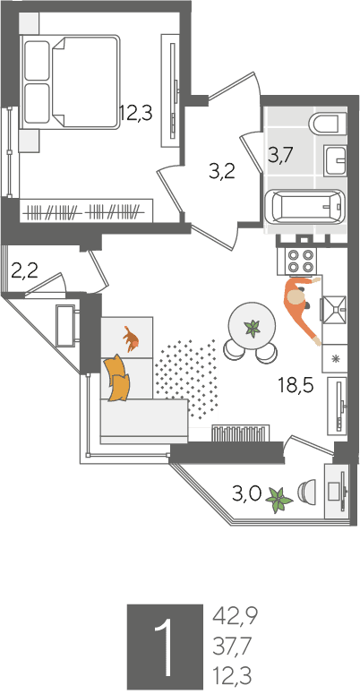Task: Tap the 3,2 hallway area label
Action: pos(222,170)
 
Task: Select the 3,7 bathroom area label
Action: pos(281,156)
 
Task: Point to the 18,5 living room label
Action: pos(296,385)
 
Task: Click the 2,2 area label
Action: pos(24,270)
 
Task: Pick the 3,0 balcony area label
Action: pos(246,493)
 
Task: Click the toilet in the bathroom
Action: pos(327,123)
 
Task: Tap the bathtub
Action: pos(305,207)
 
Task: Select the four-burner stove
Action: pos(296,261)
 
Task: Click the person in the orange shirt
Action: pos(302,308)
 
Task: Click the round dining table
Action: pos(252,326)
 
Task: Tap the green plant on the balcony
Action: pos(279,501)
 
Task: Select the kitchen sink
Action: pos(334,309)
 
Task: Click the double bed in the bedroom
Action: pos(71,82)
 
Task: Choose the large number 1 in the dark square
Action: pos(165,647)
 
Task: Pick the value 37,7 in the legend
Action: pos(233,647)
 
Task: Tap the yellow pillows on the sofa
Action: pos(117,378)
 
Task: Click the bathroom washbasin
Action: pos(335,160)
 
